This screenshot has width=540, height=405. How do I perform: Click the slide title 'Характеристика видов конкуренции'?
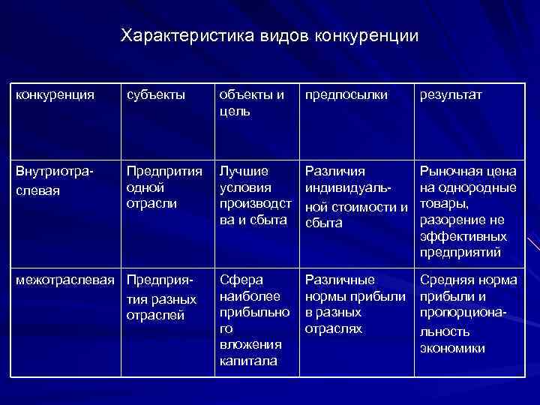[270, 35]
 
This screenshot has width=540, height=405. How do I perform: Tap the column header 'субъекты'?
[155, 95]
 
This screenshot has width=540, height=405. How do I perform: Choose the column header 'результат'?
[451, 95]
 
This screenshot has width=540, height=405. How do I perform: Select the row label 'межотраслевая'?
[66, 280]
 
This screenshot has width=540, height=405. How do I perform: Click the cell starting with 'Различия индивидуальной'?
[355, 196]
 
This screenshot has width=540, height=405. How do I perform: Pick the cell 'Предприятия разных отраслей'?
[161, 298]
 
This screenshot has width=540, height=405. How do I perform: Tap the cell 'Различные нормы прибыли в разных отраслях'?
[352, 304]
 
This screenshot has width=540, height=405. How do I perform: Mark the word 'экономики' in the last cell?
[453, 348]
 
